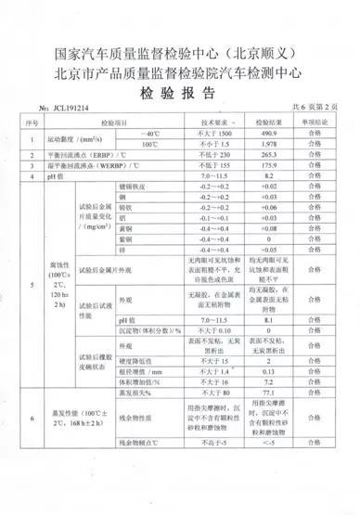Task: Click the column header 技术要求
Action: coord(214,121)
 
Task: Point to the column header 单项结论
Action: coord(319,121)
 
